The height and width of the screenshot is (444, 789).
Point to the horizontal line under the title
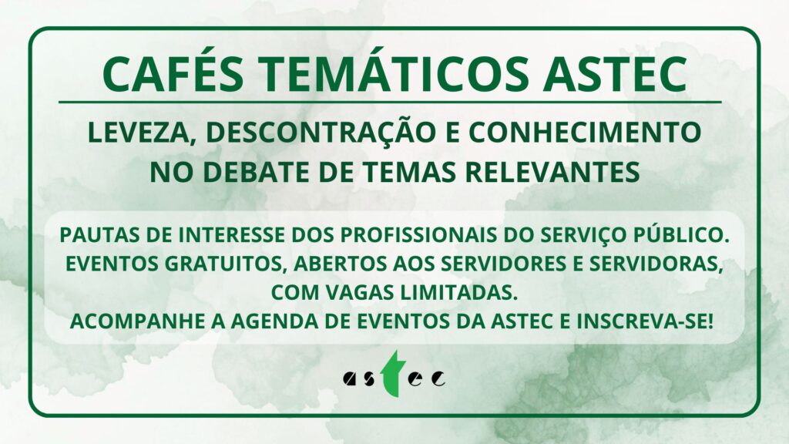390,103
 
